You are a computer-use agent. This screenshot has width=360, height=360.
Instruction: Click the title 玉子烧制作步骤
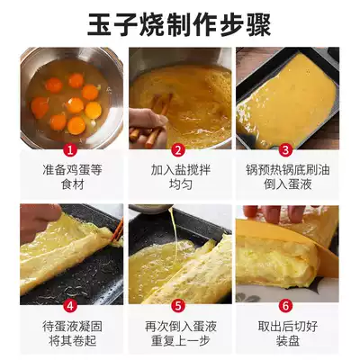click(x=179, y=24)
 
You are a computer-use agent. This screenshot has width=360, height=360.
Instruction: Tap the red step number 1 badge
click(x=71, y=149)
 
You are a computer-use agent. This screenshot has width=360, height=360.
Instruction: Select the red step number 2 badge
click(x=178, y=149)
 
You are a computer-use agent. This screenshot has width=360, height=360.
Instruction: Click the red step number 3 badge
click(x=285, y=149)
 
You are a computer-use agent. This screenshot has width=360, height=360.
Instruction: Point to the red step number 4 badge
click(x=71, y=306)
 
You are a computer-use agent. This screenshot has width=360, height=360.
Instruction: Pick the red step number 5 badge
click(x=178, y=306)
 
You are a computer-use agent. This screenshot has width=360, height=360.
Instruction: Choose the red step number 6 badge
click(x=285, y=306)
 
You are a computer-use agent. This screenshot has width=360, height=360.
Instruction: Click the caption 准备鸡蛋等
click(x=72, y=170)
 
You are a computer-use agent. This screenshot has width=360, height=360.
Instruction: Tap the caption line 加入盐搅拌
click(x=180, y=170)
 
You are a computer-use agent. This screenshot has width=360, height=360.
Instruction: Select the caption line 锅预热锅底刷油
click(x=288, y=170)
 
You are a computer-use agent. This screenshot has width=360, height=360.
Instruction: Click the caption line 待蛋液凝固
click(x=72, y=327)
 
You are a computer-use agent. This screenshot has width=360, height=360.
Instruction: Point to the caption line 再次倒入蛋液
click(x=180, y=327)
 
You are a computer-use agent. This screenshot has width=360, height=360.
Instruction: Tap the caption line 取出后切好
click(x=288, y=327)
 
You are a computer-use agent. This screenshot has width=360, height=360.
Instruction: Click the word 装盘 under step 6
click(x=288, y=341)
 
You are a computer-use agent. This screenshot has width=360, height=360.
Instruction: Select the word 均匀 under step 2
click(x=180, y=184)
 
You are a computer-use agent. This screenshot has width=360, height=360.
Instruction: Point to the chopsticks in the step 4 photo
click(x=117, y=230)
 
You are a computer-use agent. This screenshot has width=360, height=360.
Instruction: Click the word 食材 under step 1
click(x=72, y=184)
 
